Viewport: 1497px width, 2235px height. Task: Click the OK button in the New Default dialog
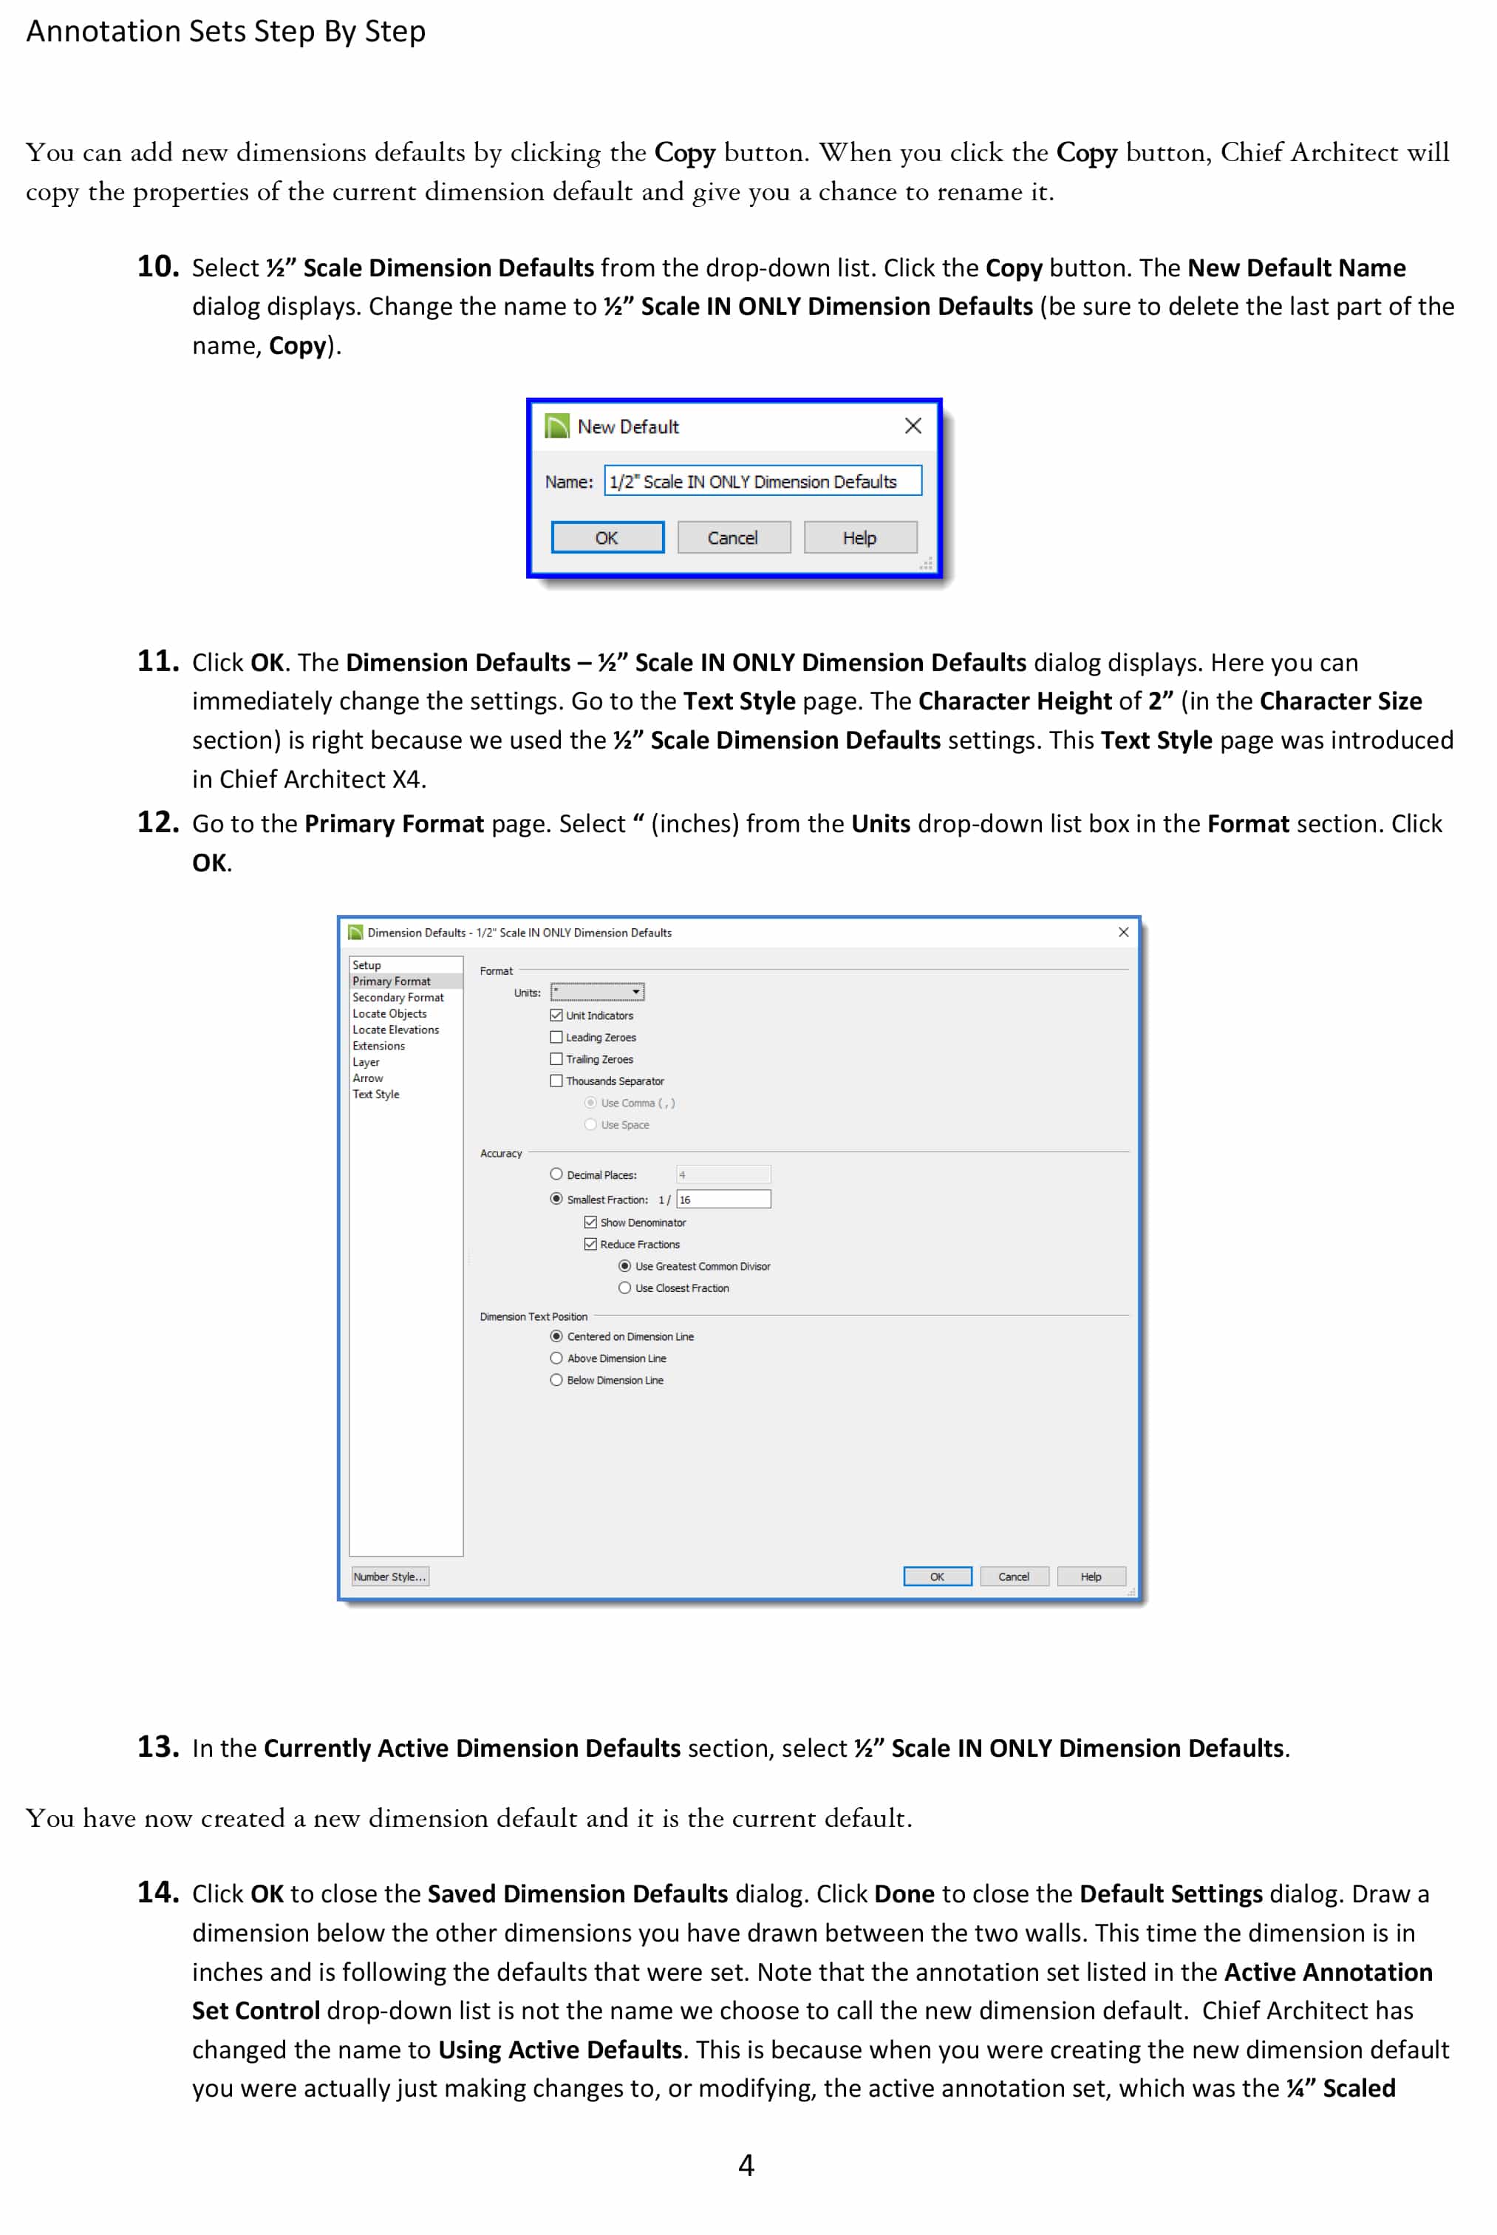(x=607, y=537)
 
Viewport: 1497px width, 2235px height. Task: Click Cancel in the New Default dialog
(x=733, y=537)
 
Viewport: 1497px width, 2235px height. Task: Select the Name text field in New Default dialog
(x=762, y=481)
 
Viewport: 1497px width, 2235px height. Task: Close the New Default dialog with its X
(x=913, y=426)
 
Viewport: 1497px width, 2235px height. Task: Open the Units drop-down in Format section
(x=598, y=992)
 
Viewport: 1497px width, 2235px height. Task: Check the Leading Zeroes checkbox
(x=556, y=1037)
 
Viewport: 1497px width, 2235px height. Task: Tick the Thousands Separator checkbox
(x=556, y=1081)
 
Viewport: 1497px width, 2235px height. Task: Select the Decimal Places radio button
(x=556, y=1174)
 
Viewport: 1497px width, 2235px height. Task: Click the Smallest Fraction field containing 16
(x=723, y=1199)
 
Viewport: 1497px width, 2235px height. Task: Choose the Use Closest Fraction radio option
(x=625, y=1288)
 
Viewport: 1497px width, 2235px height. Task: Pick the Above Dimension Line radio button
(x=556, y=1358)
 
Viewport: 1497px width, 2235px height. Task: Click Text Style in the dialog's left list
(x=376, y=1094)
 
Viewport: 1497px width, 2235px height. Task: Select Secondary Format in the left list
(x=398, y=997)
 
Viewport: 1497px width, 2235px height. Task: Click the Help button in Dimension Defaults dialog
(x=1091, y=1576)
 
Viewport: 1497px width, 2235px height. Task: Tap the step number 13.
(x=157, y=1746)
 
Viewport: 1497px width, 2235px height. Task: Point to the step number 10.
(x=157, y=266)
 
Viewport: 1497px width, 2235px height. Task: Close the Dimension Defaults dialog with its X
(x=1123, y=932)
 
